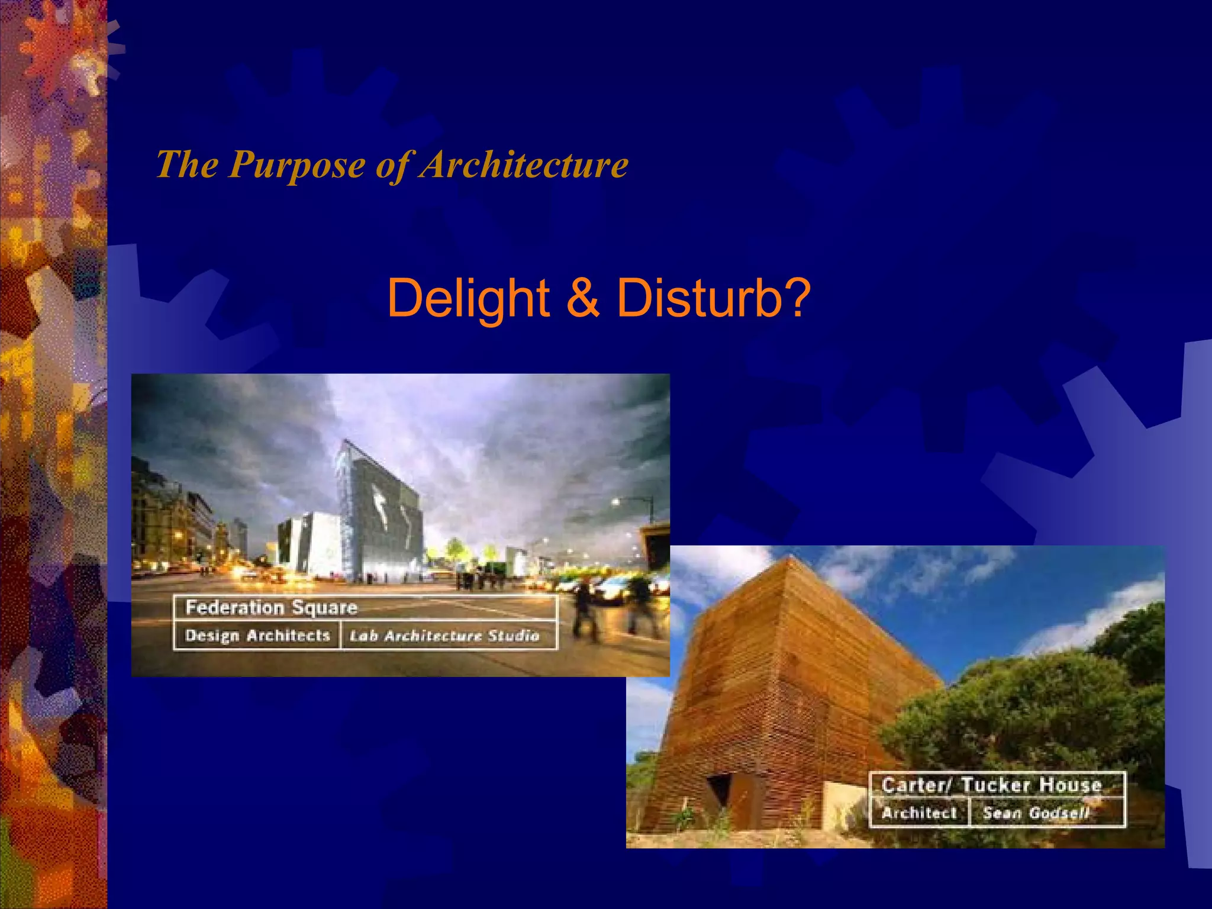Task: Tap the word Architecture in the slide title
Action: pos(524,164)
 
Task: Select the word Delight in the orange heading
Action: pos(468,298)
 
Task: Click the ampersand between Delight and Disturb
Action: pos(583,298)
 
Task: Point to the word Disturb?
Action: pos(713,298)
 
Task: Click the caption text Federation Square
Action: pos(271,608)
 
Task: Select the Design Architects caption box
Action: pos(257,636)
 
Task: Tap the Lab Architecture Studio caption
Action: pos(444,636)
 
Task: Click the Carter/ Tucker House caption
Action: pos(991,785)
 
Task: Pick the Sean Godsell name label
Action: pos(1036,813)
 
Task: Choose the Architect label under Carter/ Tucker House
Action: pos(919,813)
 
